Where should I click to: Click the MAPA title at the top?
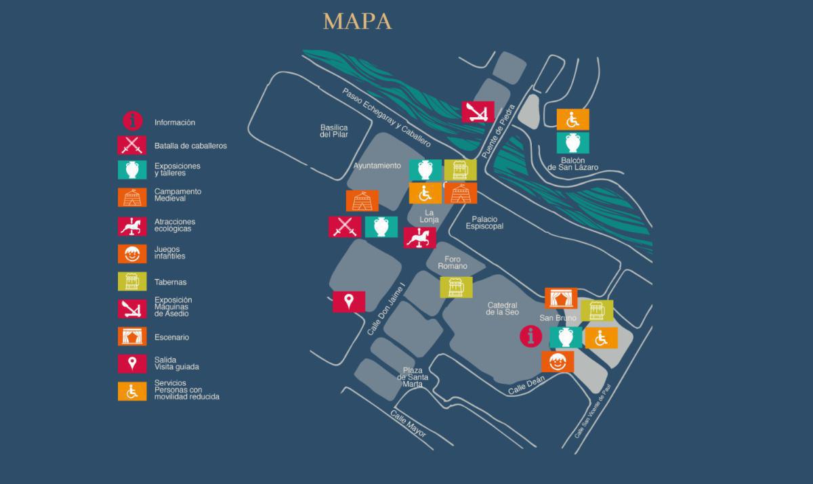click(x=357, y=22)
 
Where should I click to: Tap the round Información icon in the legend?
click(x=132, y=122)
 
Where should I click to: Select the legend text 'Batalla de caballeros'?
click(x=190, y=146)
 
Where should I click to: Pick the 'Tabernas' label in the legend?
click(x=170, y=282)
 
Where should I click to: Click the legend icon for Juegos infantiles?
click(x=132, y=253)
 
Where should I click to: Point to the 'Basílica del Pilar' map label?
click(x=334, y=131)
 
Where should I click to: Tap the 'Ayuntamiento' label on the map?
click(x=377, y=166)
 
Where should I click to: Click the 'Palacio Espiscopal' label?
click(x=484, y=223)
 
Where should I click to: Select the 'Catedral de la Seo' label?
click(x=502, y=309)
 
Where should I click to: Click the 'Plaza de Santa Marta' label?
click(x=413, y=377)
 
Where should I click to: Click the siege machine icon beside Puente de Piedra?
click(x=478, y=112)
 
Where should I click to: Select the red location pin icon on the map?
click(x=349, y=301)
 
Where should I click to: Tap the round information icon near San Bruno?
click(x=531, y=336)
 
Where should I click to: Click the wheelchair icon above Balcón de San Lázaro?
click(x=572, y=119)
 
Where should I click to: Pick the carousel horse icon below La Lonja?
click(x=419, y=238)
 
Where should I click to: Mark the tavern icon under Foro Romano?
click(x=456, y=287)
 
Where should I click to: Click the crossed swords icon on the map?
click(x=345, y=227)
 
